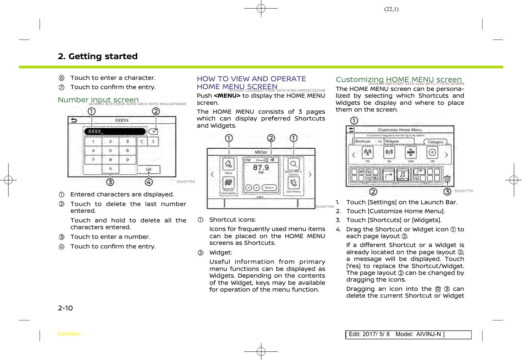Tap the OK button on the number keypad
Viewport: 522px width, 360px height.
tap(149, 169)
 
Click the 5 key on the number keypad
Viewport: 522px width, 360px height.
tap(111, 150)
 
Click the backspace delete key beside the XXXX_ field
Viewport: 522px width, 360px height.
tap(153, 132)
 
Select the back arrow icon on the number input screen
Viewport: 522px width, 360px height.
tap(74, 120)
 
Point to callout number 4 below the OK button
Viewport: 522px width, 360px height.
tap(149, 182)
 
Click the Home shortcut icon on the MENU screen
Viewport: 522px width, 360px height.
tap(229, 164)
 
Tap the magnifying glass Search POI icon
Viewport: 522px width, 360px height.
tap(293, 164)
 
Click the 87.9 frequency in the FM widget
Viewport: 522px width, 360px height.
tap(261, 167)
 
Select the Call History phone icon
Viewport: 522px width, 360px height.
tap(293, 183)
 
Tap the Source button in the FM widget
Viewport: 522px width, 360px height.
tap(269, 187)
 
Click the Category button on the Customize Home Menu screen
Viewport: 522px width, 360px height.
tap(435, 142)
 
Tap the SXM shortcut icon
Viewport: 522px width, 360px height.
tap(411, 153)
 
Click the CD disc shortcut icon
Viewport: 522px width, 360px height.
tap(433, 153)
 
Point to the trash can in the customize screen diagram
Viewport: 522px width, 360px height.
tap(447, 179)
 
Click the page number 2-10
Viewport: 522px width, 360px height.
tap(65, 308)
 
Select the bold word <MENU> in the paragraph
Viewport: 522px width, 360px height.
tap(227, 96)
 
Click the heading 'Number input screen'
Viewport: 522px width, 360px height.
tap(98, 100)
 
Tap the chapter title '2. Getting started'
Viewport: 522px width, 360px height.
tap(98, 56)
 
